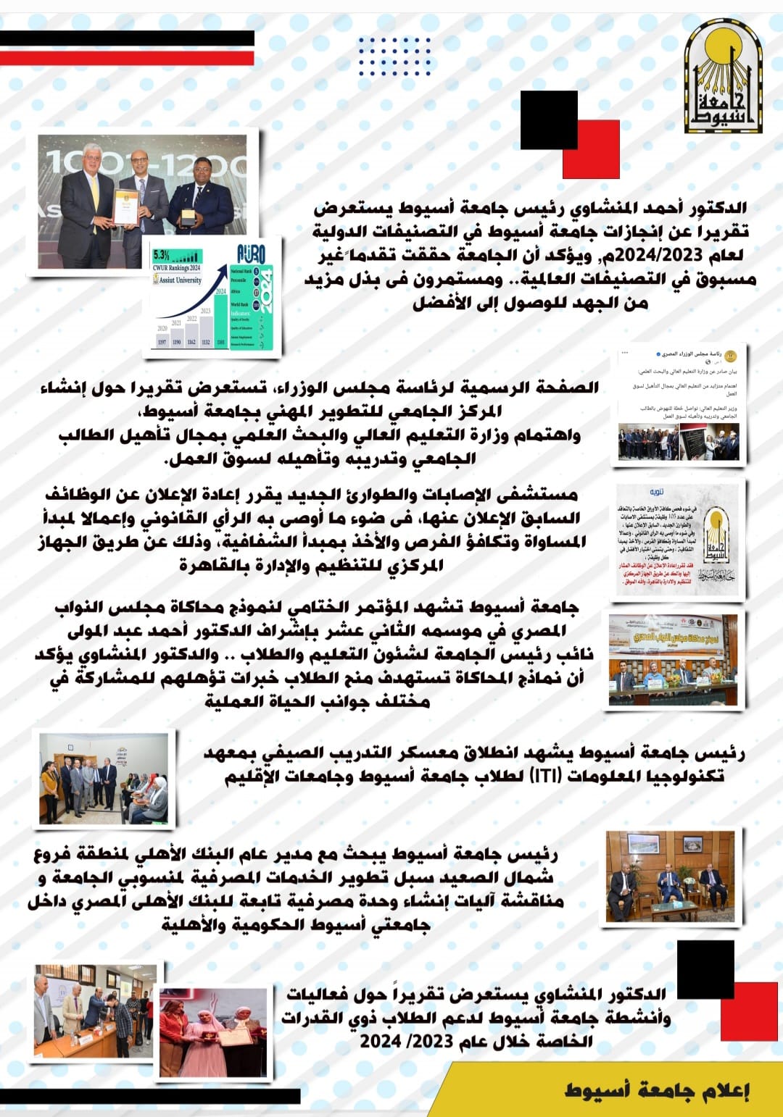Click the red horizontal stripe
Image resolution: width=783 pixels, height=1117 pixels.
click(x=127, y=58)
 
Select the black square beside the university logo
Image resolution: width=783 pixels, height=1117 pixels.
click(x=549, y=120)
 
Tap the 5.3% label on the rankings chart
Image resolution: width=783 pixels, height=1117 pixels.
click(x=162, y=255)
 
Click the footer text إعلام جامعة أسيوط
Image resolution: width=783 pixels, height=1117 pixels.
click(x=656, y=1090)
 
